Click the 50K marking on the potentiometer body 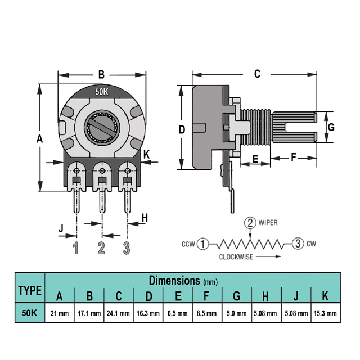102,92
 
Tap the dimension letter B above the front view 101,75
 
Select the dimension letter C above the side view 257,74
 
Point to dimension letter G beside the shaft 331,127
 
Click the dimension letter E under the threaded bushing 255,159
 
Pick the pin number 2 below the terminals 101,247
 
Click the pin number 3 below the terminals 127,247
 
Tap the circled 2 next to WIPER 250,223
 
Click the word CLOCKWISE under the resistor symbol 236,257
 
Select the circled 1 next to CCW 203,244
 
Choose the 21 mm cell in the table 60,313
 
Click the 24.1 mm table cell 118,313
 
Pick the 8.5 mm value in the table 206,313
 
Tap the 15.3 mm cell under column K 325,313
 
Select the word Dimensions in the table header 174,280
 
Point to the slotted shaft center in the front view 102,127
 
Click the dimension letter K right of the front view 146,155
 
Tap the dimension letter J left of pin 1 61,228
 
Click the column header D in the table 148,296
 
